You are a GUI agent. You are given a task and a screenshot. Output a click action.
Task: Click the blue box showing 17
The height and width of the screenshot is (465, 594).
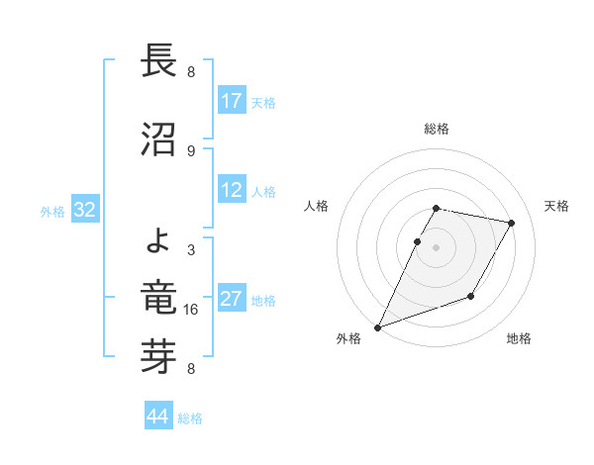click(232, 101)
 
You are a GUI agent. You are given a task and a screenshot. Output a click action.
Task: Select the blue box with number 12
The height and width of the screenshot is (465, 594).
click(232, 191)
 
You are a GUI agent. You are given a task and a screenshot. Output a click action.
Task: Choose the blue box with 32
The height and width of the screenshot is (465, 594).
click(84, 211)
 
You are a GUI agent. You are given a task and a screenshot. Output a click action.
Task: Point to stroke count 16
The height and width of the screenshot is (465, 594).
click(191, 310)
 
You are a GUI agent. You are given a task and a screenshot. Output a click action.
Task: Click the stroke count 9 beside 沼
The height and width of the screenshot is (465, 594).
click(191, 150)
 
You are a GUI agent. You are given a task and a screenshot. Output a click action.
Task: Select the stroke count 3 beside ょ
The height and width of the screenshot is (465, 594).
click(191, 250)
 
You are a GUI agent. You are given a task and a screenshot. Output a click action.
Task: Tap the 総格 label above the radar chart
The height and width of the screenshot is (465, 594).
click(436, 129)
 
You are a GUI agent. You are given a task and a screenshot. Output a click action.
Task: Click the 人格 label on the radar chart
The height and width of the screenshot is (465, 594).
click(316, 206)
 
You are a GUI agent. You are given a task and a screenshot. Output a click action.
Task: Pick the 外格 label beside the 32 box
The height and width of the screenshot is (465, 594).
click(52, 212)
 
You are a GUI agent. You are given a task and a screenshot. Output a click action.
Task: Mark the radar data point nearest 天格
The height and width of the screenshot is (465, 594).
click(511, 224)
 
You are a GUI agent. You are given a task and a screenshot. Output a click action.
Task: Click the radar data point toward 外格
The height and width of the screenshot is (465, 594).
click(377, 326)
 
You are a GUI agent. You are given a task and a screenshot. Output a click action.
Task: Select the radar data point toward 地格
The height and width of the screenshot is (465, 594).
click(471, 296)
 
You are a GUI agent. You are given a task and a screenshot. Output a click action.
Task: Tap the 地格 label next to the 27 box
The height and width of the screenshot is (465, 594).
click(263, 301)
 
